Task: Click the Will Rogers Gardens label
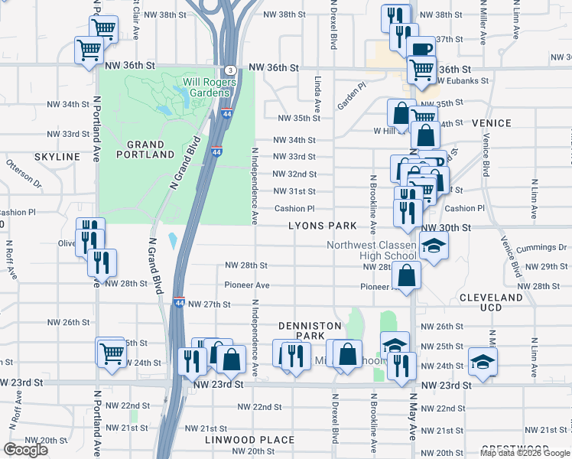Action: [x=206, y=87]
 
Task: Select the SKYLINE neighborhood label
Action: [x=57, y=156]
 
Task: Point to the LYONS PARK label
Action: [x=322, y=226]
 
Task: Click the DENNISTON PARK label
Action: [x=309, y=330]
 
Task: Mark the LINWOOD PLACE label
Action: [x=249, y=440]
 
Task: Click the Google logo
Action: [x=25, y=450]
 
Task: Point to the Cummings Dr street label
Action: [x=541, y=248]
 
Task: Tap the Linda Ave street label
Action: [x=316, y=90]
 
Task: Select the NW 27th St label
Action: [x=210, y=304]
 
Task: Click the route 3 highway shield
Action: [x=229, y=70]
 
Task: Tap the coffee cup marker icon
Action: [x=421, y=50]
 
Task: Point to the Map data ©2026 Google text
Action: [x=525, y=453]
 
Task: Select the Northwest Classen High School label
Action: [x=372, y=250]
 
